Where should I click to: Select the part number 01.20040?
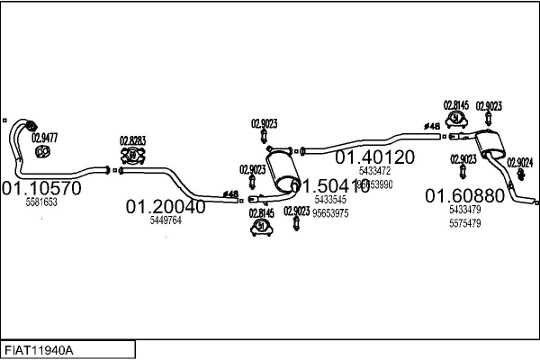click(166, 207)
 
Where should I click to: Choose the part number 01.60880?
click(465, 196)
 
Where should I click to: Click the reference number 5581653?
click(40, 203)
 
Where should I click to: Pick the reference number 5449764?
click(166, 220)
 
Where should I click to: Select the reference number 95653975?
click(330, 213)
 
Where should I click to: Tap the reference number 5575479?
click(464, 223)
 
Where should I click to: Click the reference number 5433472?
click(374, 171)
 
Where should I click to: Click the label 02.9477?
click(44, 138)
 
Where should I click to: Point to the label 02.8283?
click(133, 140)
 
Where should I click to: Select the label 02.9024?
click(519, 162)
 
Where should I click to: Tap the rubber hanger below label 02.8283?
click(133, 156)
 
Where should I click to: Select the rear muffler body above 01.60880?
click(490, 142)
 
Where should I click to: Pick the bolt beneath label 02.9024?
click(520, 177)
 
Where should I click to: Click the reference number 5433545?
click(329, 200)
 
